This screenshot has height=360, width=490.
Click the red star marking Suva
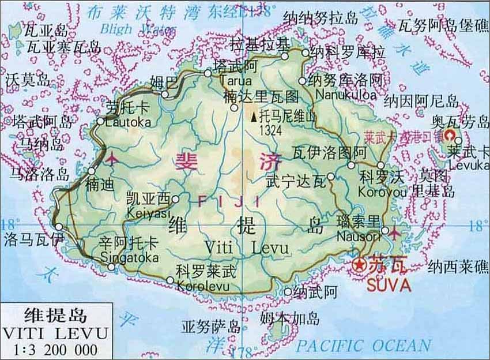360,265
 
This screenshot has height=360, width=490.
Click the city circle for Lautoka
100,121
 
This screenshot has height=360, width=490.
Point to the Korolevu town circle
169,280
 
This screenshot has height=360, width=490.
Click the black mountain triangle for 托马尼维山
254,118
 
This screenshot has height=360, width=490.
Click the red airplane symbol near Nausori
394,232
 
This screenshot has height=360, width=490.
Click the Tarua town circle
208,73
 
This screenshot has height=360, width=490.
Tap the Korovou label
378,189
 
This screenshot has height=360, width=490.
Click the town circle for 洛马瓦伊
59,227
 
